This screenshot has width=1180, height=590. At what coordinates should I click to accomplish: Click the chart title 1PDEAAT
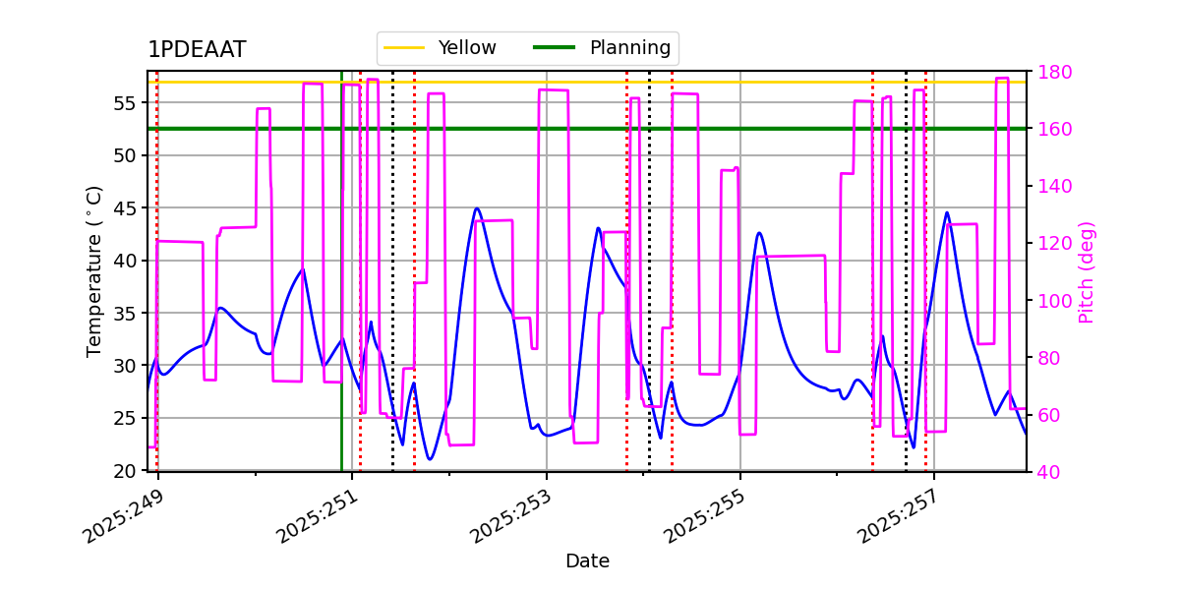click(197, 50)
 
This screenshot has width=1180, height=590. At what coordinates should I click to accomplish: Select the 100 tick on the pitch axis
click(1053, 300)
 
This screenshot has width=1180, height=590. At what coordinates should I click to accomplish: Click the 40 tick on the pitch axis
click(1048, 471)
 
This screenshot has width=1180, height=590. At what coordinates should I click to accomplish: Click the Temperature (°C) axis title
click(95, 270)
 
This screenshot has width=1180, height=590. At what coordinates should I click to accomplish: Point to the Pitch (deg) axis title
click(1087, 271)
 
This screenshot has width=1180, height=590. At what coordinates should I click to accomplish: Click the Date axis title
click(587, 561)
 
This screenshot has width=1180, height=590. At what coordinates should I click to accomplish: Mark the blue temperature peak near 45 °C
click(477, 208)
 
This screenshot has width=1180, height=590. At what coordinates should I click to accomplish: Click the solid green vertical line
click(341, 295)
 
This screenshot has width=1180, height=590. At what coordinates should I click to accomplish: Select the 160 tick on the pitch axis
click(1053, 129)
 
